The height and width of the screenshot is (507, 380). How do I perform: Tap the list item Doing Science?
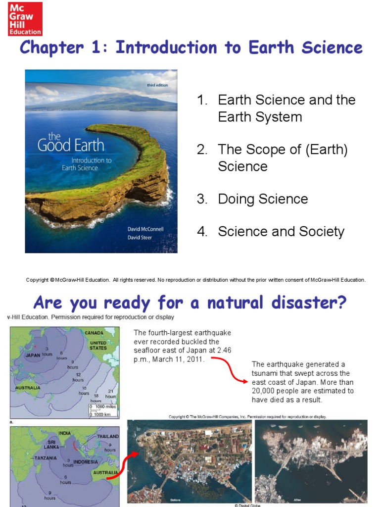263,199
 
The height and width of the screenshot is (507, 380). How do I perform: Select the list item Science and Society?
281,231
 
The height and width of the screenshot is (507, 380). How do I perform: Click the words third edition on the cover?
157,85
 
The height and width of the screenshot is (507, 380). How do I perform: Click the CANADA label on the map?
94,333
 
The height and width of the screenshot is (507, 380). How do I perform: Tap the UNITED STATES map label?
98,345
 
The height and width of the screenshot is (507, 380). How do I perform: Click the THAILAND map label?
107,436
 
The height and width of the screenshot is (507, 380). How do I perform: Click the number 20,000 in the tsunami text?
266,391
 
